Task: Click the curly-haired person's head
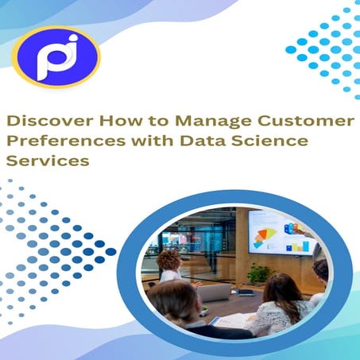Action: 168,259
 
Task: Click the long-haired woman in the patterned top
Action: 278,306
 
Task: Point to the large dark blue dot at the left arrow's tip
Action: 110,252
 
